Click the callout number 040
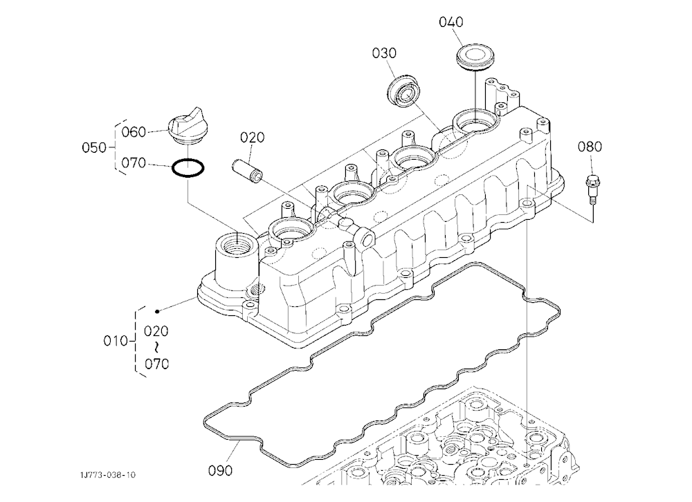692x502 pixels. point(450,22)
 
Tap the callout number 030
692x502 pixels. point(384,53)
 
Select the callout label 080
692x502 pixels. point(590,147)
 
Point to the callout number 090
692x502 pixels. point(220,471)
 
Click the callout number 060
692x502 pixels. point(134,132)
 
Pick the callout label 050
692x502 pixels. point(94,147)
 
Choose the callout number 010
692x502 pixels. point(116,341)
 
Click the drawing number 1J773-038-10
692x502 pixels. point(108,474)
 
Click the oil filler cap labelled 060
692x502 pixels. point(186,125)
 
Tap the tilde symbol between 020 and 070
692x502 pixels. point(156,347)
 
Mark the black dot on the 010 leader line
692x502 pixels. point(157,311)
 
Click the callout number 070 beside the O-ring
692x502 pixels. point(134,163)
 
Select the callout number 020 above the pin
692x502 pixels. point(252,138)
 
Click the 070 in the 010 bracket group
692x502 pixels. point(156,364)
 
